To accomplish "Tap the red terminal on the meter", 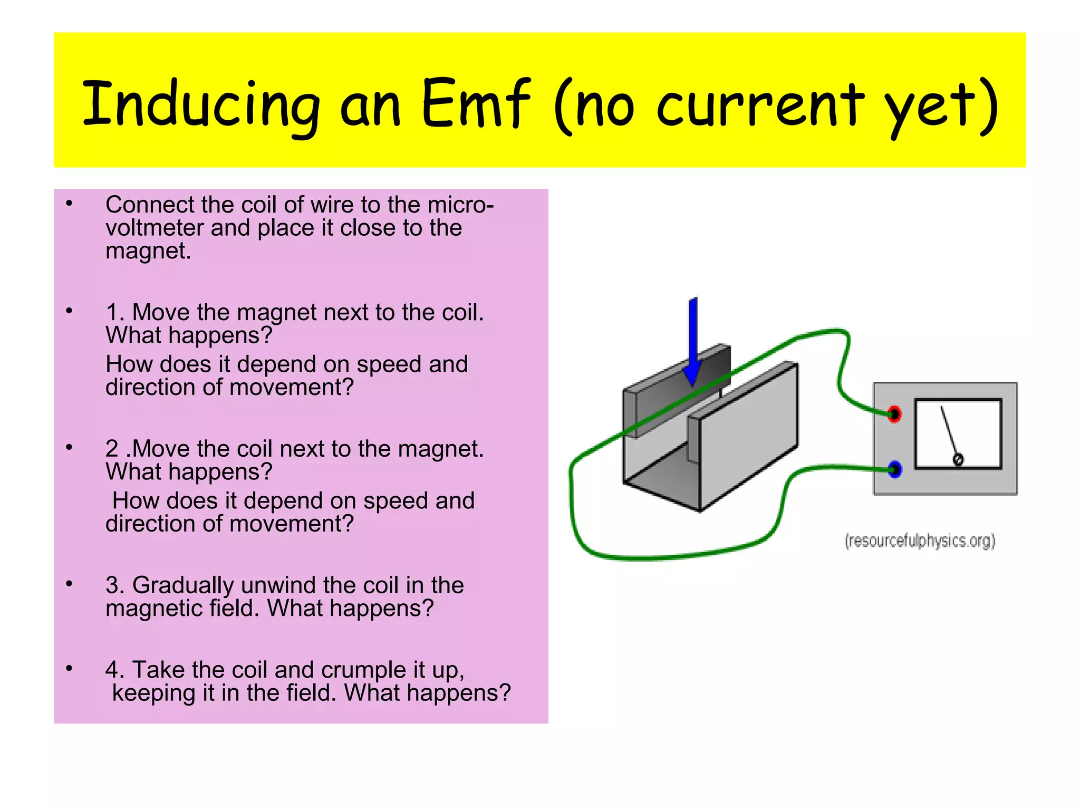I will (x=894, y=414).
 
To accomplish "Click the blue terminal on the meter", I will (x=895, y=469).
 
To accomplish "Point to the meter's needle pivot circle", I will (x=958, y=459).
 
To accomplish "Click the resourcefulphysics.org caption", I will (x=920, y=541).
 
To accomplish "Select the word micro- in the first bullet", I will (x=461, y=205).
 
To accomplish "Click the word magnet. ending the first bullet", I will (x=148, y=251).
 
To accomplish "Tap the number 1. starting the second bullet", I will (x=115, y=312).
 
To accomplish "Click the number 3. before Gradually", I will (x=115, y=585).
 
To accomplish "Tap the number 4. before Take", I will (x=115, y=670).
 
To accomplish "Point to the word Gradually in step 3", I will (x=183, y=585).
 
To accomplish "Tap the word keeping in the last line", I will (x=153, y=693).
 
